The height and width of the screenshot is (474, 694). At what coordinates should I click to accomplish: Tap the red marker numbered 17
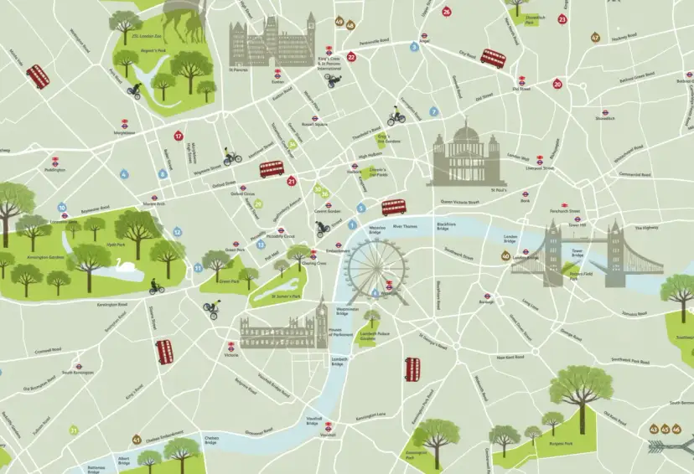[178, 136]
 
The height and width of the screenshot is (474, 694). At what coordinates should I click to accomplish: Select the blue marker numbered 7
[433, 111]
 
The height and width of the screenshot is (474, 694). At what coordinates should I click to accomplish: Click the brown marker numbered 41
[137, 440]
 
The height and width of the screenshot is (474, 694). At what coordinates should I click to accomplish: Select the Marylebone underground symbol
[124, 121]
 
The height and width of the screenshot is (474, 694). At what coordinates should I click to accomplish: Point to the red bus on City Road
[494, 59]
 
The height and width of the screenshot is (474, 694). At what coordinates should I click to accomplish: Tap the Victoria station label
[231, 355]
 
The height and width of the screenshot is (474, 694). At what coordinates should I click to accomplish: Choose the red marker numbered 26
[447, 12]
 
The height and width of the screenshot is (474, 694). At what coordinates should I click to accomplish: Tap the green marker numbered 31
[74, 430]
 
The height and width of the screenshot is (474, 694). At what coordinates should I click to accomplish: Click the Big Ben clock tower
[323, 318]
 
